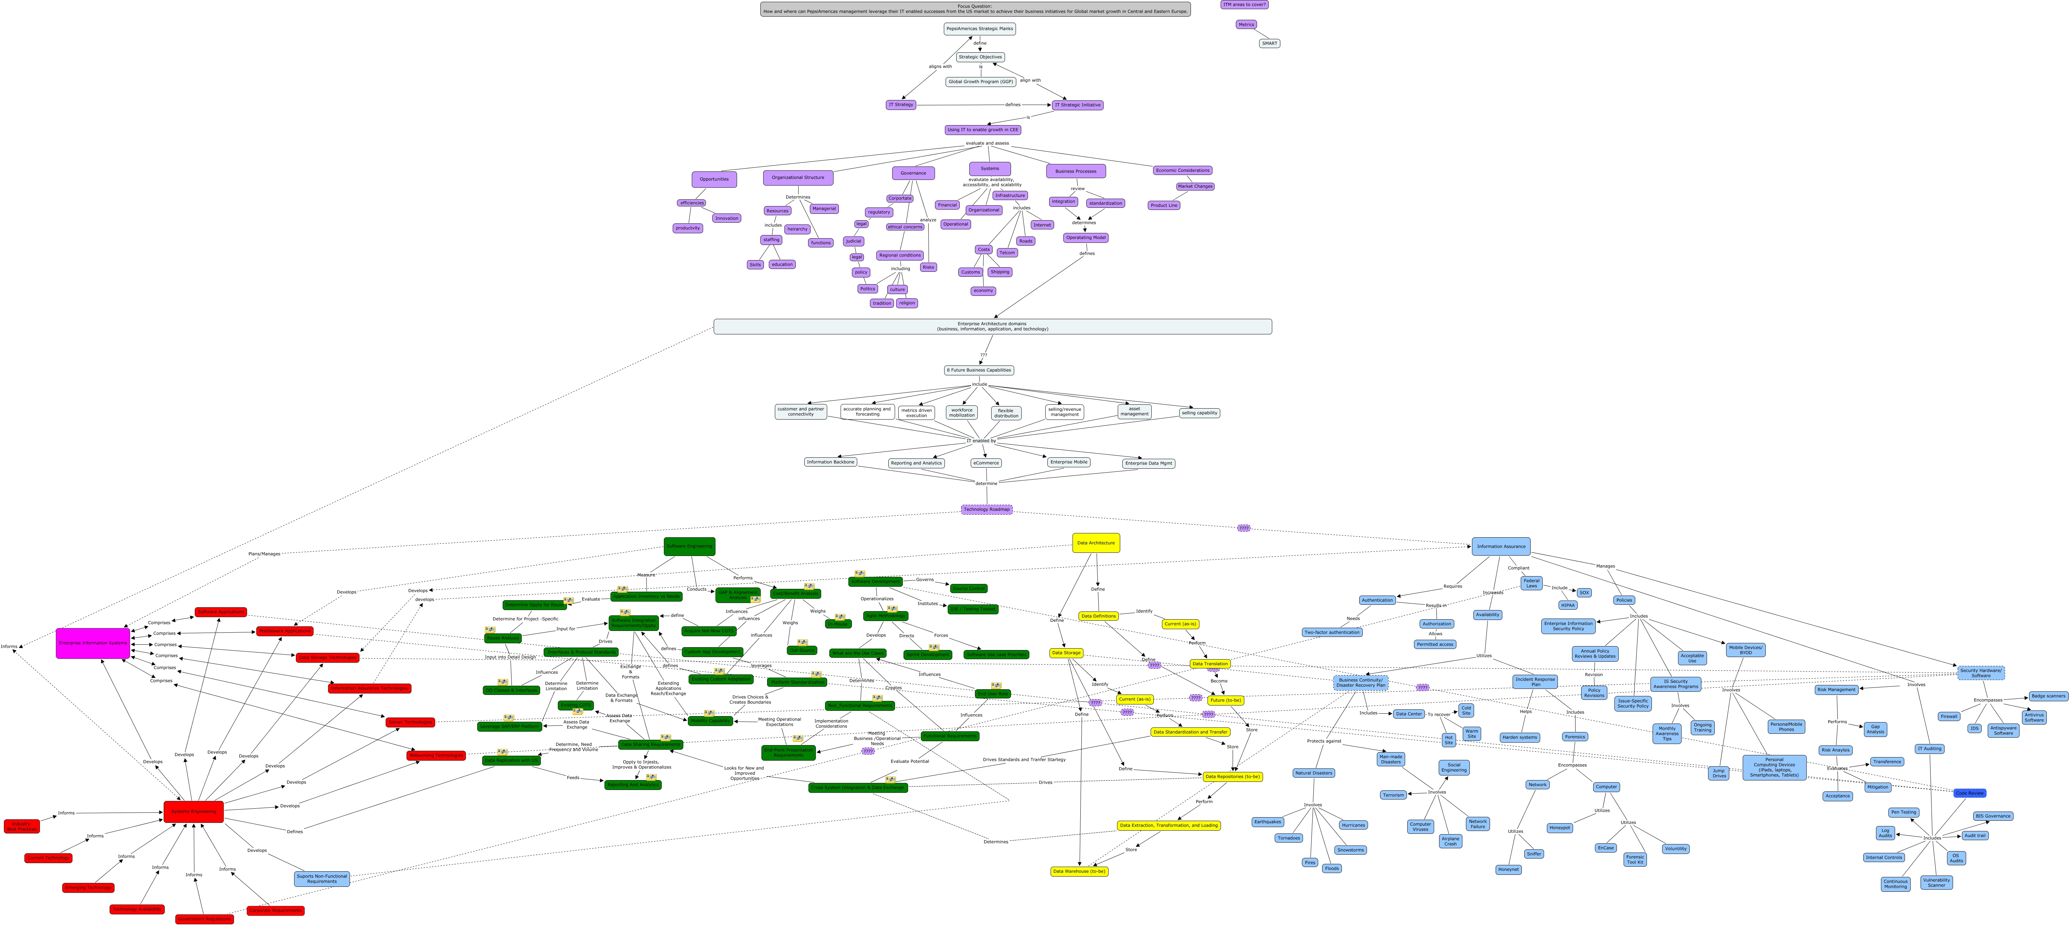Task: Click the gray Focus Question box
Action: pos(975,9)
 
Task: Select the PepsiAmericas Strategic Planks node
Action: pos(979,29)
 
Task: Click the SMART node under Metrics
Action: pos(1269,43)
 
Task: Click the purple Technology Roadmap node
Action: pos(986,509)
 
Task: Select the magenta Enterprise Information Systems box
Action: pos(92,643)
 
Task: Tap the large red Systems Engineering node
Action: pos(194,812)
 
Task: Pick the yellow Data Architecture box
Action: pos(1095,543)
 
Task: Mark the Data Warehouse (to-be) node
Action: pos(1079,871)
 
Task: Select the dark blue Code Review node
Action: pos(1969,793)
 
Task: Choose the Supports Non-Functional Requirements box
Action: pos(321,878)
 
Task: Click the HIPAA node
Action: pos(1567,605)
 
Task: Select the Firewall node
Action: pos(1948,716)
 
